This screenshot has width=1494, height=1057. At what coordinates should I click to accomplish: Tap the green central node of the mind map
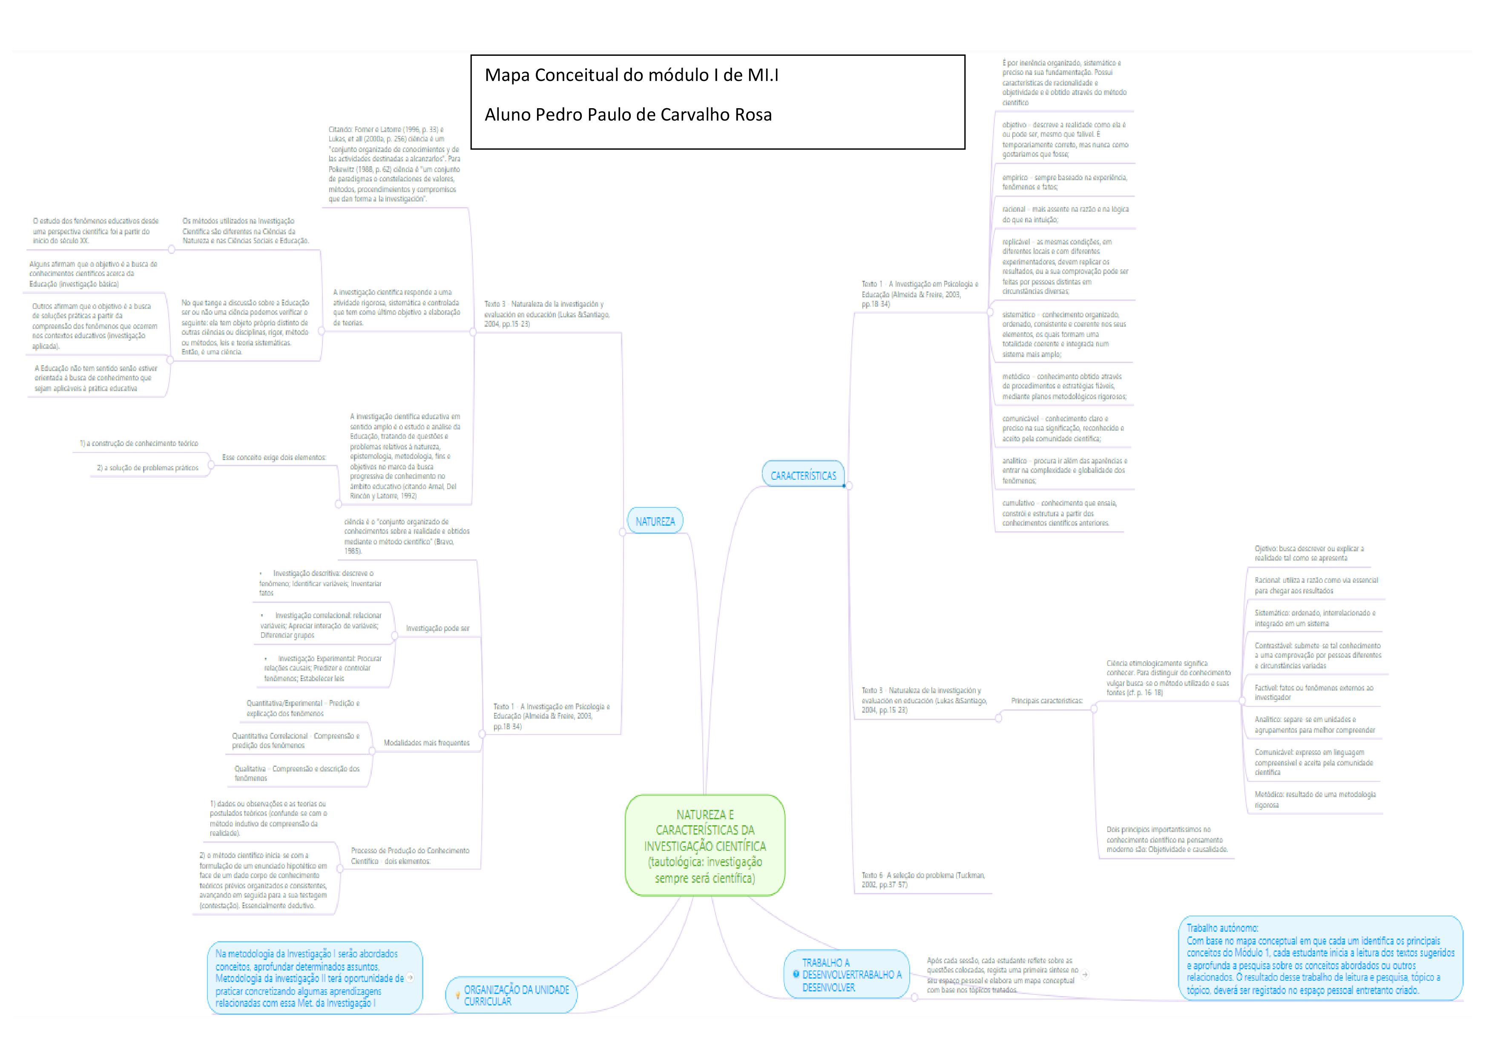pos(705,845)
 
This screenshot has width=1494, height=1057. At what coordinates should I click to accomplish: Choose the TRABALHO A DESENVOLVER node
pos(851,974)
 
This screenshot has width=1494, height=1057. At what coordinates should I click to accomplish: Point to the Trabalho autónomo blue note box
pos(1320,959)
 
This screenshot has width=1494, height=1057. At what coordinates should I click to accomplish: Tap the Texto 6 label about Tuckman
pos(923,880)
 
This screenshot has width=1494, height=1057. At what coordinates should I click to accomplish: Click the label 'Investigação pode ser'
pos(437,628)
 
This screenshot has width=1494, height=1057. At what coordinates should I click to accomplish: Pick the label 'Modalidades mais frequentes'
pos(426,743)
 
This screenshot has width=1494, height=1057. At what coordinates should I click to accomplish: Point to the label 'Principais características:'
pos(1046,701)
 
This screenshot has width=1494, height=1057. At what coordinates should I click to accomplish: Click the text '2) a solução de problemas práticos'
pos(148,468)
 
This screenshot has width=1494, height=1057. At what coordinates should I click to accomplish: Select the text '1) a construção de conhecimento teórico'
pos(138,443)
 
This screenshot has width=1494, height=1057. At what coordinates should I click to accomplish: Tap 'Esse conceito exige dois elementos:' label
pos(274,458)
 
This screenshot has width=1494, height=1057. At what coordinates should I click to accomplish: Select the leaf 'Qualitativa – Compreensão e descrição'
pos(297,773)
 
